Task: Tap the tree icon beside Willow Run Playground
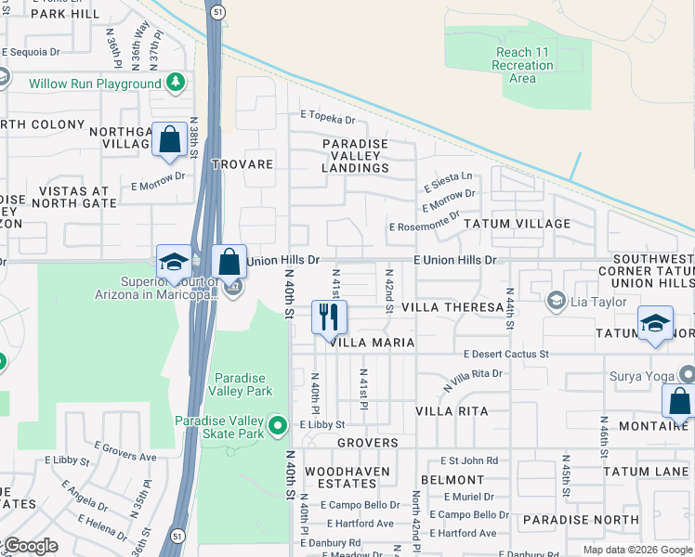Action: click(175, 84)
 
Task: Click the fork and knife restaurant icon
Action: click(329, 317)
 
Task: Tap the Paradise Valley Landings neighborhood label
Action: click(355, 156)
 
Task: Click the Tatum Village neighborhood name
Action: click(517, 224)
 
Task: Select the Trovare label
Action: click(242, 164)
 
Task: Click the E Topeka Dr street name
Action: click(327, 120)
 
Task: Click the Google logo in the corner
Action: click(30, 546)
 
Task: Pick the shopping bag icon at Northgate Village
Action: click(170, 140)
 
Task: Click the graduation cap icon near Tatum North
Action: click(655, 324)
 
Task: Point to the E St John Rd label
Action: click(469, 460)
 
